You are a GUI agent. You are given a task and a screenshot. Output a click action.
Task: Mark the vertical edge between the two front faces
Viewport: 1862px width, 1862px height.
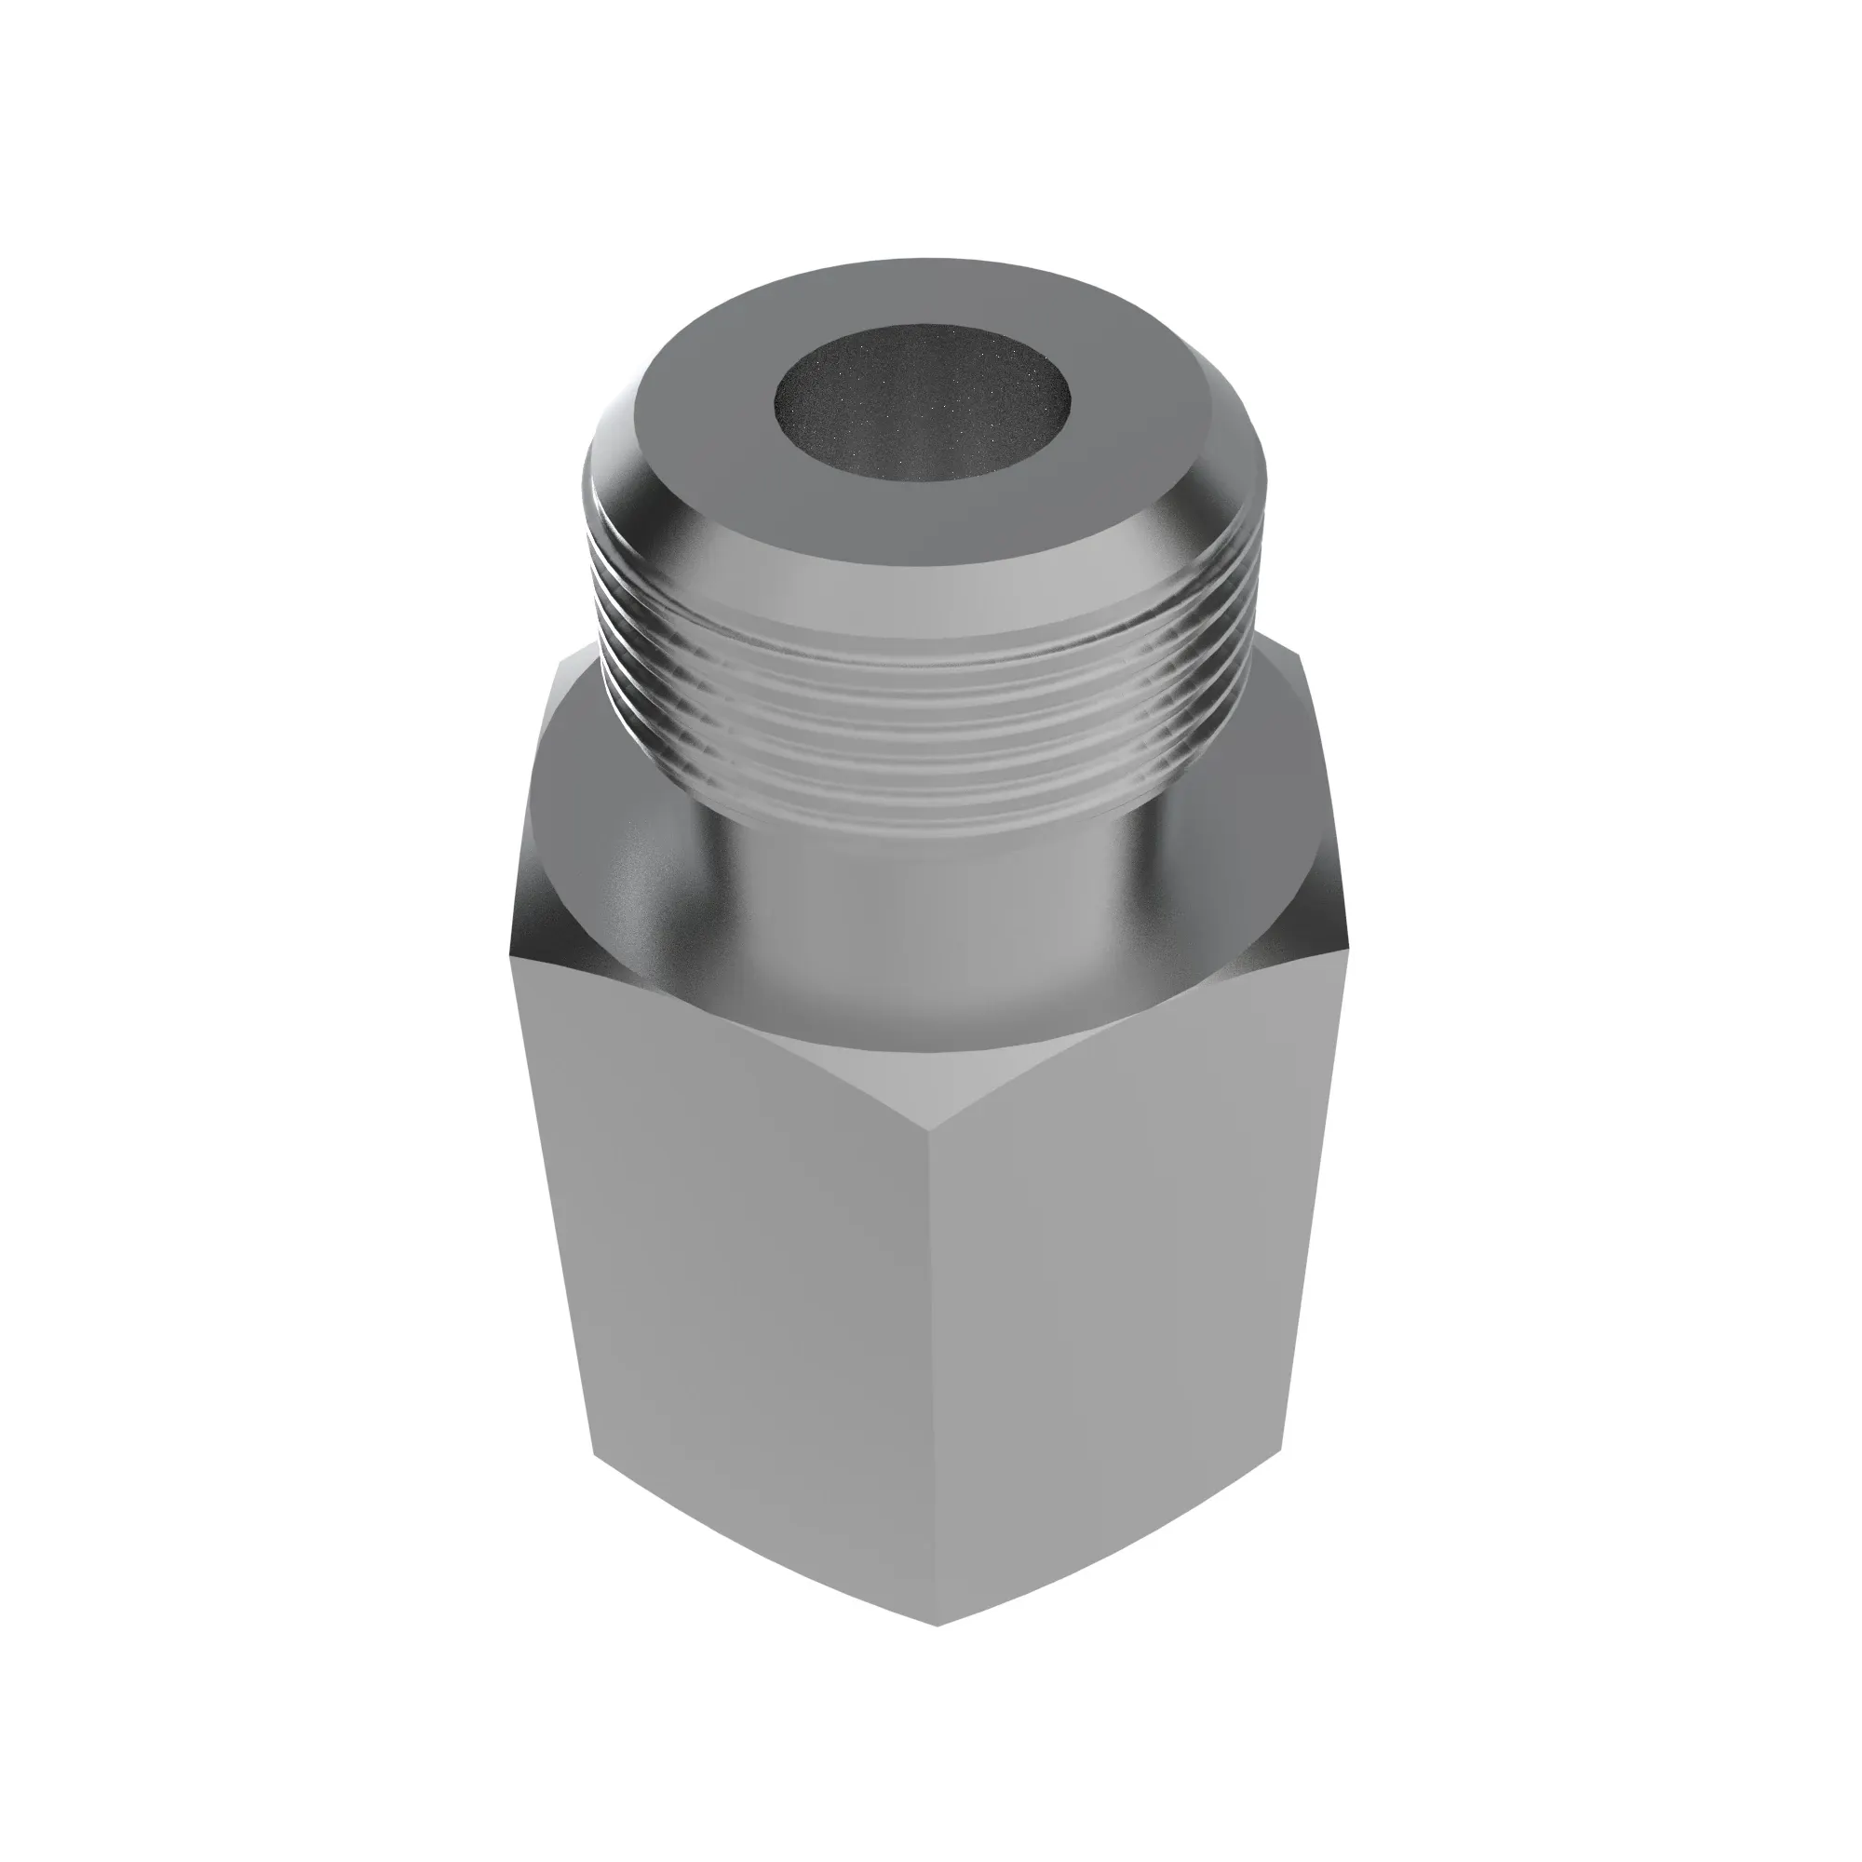coord(934,1446)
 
